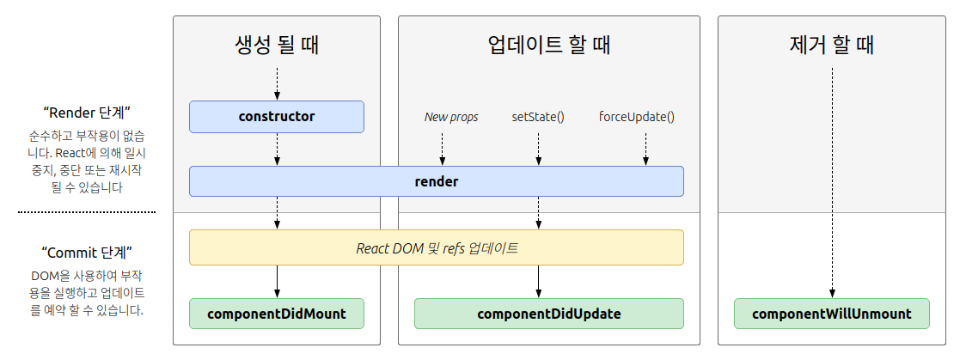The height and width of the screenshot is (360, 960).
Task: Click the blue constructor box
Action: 276,117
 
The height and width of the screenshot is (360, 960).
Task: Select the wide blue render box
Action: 436,181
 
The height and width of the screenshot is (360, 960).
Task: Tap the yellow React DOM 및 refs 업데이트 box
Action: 436,247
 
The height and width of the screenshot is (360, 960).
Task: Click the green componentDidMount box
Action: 276,314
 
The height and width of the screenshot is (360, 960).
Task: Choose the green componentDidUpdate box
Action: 548,314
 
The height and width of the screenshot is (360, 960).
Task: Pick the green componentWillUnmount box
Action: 831,314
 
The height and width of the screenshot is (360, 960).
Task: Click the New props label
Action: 451,117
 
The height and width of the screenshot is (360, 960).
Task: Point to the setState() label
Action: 538,117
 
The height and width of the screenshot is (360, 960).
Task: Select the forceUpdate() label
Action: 636,117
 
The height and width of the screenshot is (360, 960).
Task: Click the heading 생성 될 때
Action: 276,45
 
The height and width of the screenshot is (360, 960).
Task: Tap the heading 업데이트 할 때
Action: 548,45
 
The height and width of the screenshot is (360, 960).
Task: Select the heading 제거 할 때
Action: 831,45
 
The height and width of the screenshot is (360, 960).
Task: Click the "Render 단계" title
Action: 86,113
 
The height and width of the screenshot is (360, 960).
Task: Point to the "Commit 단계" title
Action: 86,253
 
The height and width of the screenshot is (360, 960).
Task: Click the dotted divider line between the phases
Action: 86,211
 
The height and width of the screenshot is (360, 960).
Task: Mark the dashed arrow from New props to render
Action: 442,148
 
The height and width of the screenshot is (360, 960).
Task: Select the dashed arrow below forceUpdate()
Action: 645,148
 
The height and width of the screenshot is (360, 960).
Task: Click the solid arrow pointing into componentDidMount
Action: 277,281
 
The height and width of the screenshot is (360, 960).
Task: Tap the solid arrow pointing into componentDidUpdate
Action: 539,281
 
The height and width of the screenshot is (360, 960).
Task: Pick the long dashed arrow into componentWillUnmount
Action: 832,180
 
